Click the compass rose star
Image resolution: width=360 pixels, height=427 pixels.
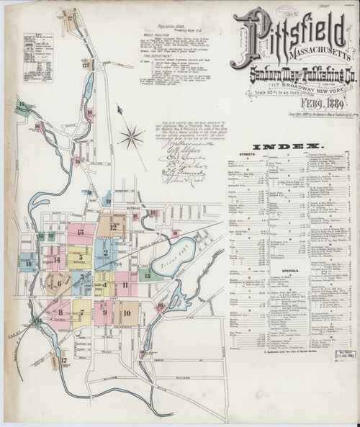[131, 134]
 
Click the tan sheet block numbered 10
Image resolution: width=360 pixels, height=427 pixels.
[127, 313]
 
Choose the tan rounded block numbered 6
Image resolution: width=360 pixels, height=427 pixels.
[58, 283]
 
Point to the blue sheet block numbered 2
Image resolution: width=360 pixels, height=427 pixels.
[105, 253]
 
